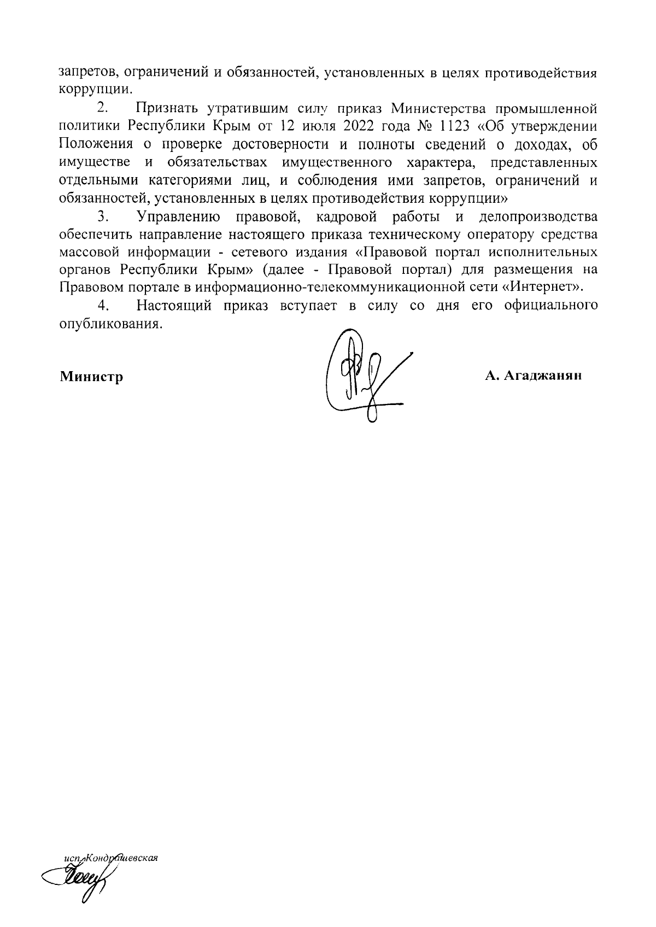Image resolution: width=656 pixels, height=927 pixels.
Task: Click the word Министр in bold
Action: [91, 377]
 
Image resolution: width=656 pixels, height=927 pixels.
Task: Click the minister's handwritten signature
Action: [364, 377]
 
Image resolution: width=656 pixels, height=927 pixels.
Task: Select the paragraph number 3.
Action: [102, 217]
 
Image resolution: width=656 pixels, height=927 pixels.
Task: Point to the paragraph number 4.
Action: [102, 305]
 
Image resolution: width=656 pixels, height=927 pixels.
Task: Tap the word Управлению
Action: [179, 217]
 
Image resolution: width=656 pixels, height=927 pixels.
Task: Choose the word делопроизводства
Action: [538, 217]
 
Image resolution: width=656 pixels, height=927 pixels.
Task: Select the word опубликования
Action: [110, 324]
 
